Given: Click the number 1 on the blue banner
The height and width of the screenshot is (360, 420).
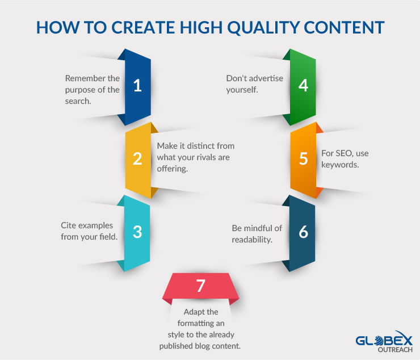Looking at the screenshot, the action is pyautogui.click(x=137, y=86).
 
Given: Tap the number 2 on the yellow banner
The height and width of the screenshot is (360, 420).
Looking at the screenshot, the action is pyautogui.click(x=137, y=158).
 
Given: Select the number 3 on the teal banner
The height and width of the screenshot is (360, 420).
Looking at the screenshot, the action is pyautogui.click(x=137, y=232).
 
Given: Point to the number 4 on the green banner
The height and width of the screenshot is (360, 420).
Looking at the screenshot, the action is pyautogui.click(x=303, y=86).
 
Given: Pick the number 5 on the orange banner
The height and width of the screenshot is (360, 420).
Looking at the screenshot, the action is pyautogui.click(x=303, y=158).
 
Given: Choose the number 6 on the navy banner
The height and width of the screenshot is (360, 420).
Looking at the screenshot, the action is pyautogui.click(x=303, y=232).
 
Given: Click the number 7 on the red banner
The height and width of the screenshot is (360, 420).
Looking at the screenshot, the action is pyautogui.click(x=200, y=286).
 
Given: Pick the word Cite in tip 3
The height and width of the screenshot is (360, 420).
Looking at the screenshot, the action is pyautogui.click(x=68, y=225).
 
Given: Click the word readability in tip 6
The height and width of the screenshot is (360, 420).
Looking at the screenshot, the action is pyautogui.click(x=252, y=240).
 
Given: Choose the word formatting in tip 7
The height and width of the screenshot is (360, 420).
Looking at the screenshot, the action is pyautogui.click(x=193, y=324).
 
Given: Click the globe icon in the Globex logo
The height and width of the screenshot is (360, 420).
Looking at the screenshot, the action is pyautogui.click(x=380, y=341).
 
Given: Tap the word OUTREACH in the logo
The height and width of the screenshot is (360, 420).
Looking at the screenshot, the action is pyautogui.click(x=395, y=350).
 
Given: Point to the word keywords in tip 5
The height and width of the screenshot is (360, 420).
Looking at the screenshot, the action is pyautogui.click(x=340, y=165).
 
